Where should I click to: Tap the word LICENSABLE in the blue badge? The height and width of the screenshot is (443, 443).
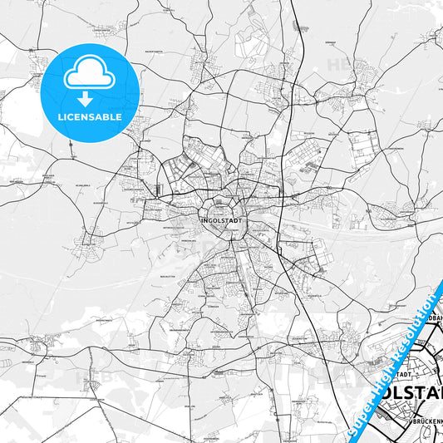pyautogui.click(x=90, y=117)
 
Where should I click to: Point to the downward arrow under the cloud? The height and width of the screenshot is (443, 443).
pyautogui.click(x=90, y=98)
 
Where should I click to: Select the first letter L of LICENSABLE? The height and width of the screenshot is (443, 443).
pyautogui.click(x=61, y=117)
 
